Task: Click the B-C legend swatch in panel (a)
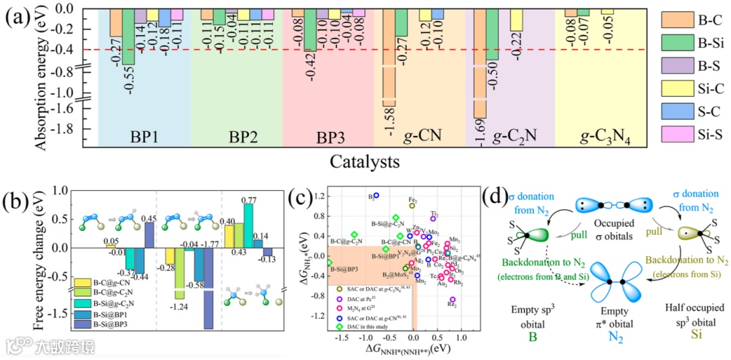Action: (673, 20)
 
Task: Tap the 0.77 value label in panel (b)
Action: (249, 200)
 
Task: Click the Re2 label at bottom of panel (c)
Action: (452, 305)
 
